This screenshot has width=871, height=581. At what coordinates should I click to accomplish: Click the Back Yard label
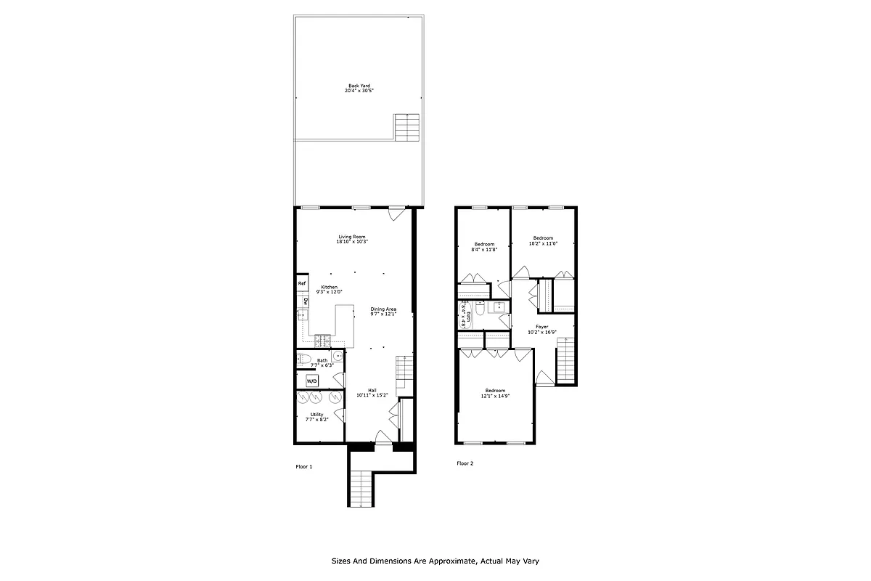coord(359,88)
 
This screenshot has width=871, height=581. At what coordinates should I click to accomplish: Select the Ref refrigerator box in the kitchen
coord(302,283)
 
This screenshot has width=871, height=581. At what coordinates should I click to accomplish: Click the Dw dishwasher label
coord(306,301)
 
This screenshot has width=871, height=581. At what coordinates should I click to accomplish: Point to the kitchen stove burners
coord(322,340)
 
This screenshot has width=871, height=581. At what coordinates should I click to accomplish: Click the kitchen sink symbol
coord(302,315)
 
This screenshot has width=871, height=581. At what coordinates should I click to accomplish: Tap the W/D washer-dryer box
coord(311,381)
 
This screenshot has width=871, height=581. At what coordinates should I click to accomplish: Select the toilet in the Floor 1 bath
coord(305,359)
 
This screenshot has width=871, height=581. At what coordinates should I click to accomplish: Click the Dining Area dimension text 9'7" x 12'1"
coord(383,314)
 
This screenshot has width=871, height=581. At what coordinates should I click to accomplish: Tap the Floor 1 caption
coord(303,466)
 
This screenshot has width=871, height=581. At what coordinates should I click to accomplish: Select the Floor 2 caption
coord(465,463)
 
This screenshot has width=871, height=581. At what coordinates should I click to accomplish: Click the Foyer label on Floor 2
coord(541,327)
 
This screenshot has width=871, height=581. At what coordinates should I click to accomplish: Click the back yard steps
coord(408,128)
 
